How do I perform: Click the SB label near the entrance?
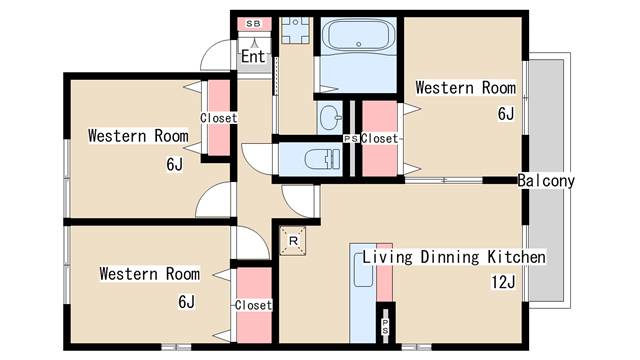click(x=253, y=24)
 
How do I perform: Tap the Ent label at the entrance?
click(x=253, y=56)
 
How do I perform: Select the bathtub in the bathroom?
click(x=359, y=36)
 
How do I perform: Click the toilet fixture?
click(x=322, y=158)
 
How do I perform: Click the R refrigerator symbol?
click(x=293, y=241)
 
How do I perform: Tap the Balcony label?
click(x=546, y=180)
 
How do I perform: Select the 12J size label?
click(x=503, y=282)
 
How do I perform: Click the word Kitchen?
click(x=516, y=257)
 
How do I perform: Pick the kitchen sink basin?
click(x=363, y=269)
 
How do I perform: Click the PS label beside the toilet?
click(x=351, y=139)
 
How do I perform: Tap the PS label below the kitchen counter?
click(x=385, y=327)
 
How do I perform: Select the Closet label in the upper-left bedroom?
click(x=219, y=118)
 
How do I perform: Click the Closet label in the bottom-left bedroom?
click(x=253, y=305)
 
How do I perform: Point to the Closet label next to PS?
click(x=379, y=138)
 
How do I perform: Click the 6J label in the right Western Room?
click(x=506, y=113)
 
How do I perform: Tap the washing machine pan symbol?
click(x=295, y=31)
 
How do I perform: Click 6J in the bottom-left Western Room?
click(x=186, y=302)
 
